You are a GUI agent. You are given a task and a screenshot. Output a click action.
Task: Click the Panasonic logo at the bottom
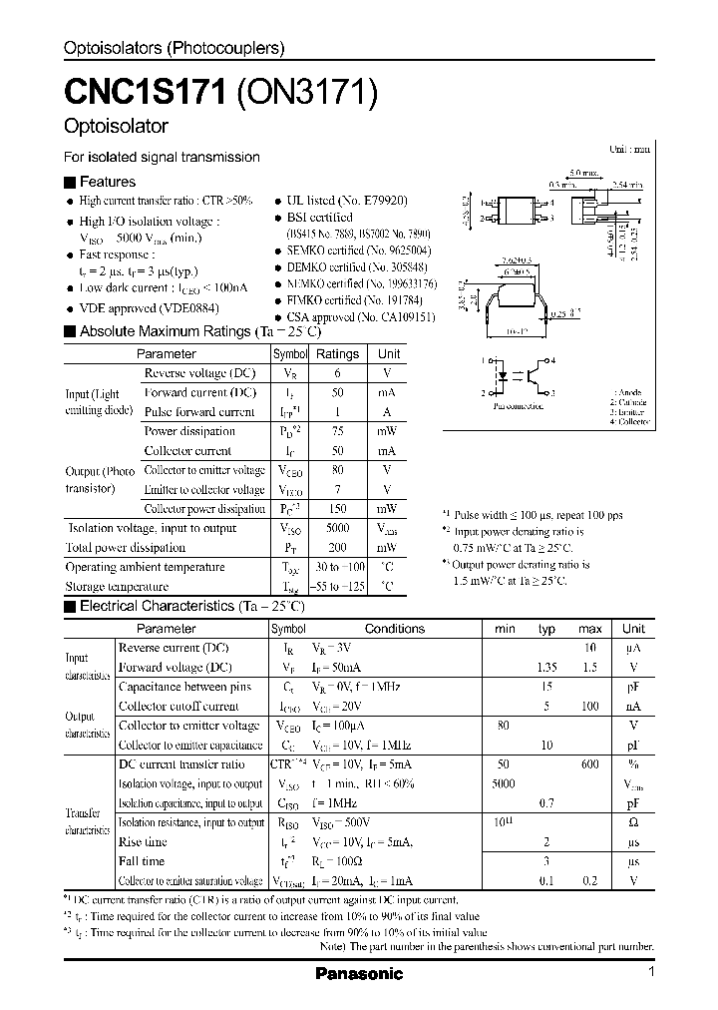358,973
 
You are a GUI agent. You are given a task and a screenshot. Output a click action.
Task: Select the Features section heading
107,182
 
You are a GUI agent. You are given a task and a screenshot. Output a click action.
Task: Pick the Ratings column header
337,353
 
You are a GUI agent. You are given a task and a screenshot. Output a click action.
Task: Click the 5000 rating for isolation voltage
338,528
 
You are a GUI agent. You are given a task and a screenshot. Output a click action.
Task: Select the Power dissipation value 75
338,431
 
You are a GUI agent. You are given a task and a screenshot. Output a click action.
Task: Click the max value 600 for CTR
589,763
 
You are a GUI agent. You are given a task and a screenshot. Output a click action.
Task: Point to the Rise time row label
143,841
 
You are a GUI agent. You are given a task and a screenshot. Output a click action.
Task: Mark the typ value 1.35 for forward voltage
546,667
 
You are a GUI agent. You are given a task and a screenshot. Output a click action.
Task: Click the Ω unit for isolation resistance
633,822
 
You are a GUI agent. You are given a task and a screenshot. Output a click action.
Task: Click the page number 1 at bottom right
651,972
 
